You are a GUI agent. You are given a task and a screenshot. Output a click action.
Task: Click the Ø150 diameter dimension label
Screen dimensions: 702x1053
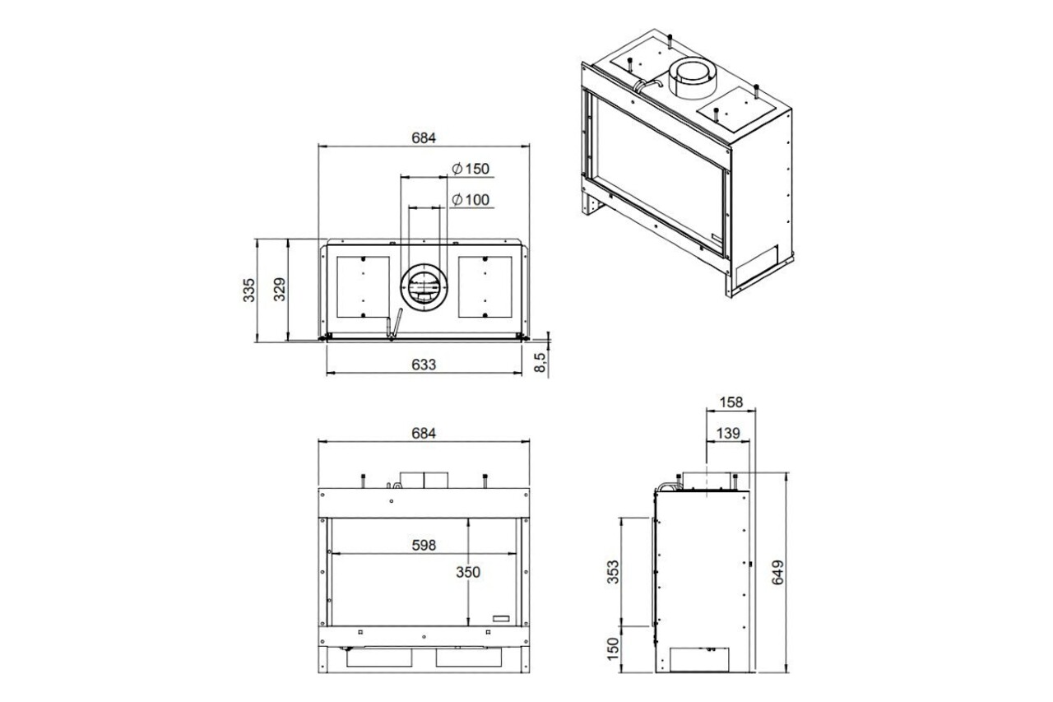click(471, 169)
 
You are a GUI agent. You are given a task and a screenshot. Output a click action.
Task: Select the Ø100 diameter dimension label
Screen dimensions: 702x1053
click(471, 199)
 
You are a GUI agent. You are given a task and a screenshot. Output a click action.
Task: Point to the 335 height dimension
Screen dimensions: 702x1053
click(249, 291)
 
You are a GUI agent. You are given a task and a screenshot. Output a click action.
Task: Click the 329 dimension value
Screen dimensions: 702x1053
click(280, 291)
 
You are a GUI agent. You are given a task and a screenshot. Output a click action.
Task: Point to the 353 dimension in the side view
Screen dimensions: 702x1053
click(613, 570)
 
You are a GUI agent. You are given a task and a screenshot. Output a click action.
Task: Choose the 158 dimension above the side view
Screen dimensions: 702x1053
click(730, 402)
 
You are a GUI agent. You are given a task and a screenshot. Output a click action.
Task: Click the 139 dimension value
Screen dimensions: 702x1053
click(727, 433)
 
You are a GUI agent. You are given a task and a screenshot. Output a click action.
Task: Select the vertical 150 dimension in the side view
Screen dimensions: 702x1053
click(613, 648)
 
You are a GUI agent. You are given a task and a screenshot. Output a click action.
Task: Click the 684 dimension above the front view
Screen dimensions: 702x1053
click(423, 433)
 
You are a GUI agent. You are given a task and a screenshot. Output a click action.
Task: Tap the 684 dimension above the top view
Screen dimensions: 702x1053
click(423, 137)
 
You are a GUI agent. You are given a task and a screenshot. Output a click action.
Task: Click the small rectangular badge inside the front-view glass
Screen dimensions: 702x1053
click(501, 617)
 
